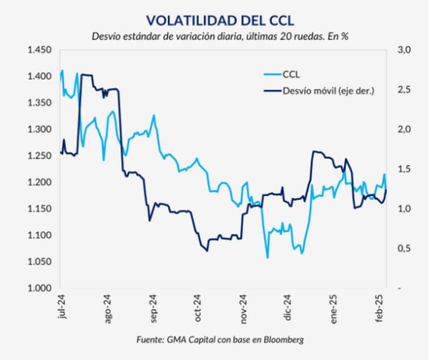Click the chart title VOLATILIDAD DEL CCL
[x=220, y=20]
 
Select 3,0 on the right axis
[x=405, y=50]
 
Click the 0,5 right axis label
[x=405, y=249]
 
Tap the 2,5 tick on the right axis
[x=405, y=90]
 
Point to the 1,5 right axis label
[x=405, y=169]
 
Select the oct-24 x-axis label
[x=198, y=309]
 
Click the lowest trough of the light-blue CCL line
[x=267, y=258]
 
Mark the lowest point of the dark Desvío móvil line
[x=207, y=251]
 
